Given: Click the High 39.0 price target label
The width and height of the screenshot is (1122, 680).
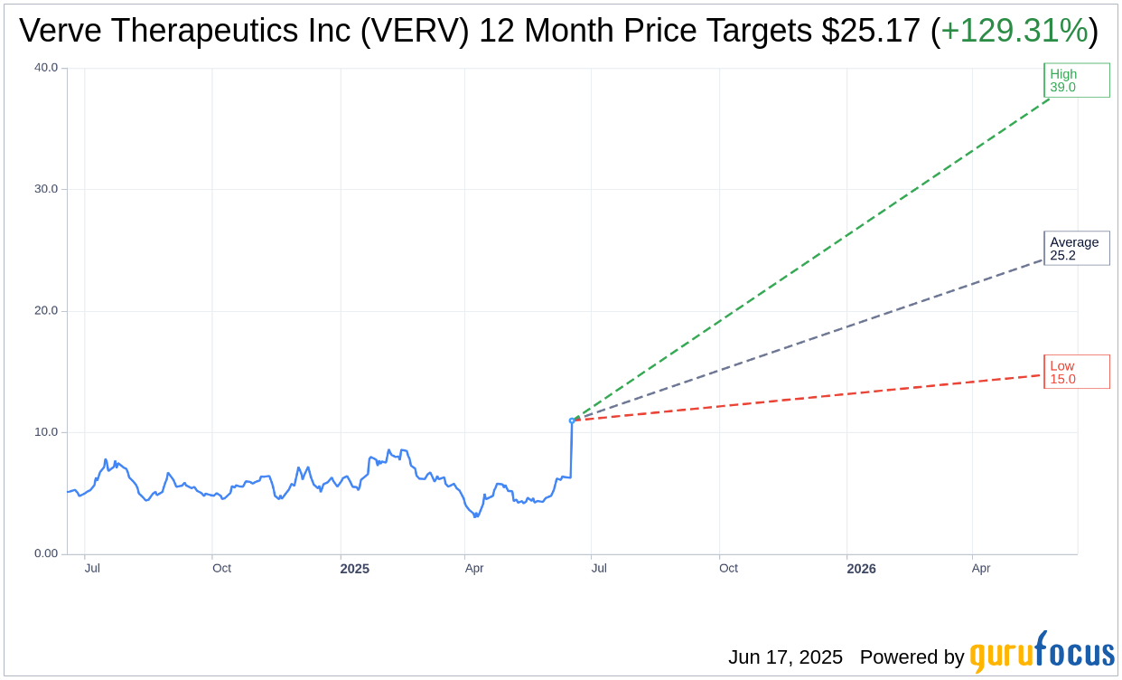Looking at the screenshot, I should (1076, 80).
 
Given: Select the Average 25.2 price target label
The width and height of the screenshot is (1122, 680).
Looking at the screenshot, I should (1076, 249).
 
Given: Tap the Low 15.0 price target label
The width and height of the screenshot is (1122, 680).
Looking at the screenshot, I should (1076, 373).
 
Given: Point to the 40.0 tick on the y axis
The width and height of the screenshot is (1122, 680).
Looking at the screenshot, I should (46, 68).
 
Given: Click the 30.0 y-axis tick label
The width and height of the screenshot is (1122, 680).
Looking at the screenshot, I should (46, 189).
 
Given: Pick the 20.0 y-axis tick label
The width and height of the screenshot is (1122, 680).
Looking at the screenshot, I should (46, 310).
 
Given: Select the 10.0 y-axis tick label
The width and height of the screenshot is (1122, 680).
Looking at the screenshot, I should (46, 432).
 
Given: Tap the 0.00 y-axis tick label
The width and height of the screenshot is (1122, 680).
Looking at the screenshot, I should (46, 553).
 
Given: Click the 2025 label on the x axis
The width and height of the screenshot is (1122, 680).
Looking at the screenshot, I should (354, 569).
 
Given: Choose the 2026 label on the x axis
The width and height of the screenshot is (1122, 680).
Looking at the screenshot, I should (861, 569).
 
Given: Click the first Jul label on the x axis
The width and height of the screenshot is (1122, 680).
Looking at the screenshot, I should (92, 569).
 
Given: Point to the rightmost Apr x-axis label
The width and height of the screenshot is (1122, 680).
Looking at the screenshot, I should (981, 569).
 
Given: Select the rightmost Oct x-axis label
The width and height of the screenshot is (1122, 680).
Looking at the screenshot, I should (728, 569).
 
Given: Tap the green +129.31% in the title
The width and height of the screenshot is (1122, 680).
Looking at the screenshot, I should (1014, 32).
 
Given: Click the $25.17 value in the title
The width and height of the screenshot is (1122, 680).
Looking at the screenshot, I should (872, 32).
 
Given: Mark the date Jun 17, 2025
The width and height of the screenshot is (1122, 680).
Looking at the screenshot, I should (785, 657).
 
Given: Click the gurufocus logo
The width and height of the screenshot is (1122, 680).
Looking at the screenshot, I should (1042, 653).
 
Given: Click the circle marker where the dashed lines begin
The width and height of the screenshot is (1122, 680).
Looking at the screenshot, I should (572, 420).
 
